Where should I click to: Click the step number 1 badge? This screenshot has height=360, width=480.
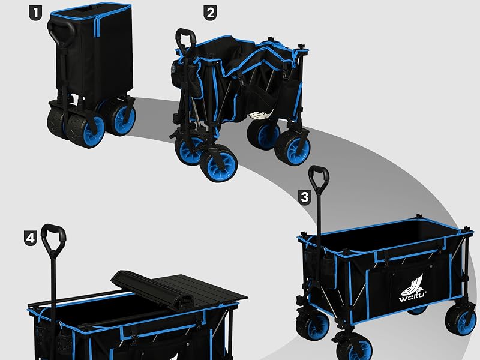35,13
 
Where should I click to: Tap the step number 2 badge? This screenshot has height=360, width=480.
211,13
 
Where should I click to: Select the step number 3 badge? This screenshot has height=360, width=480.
305,197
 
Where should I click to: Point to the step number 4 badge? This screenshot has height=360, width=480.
31,238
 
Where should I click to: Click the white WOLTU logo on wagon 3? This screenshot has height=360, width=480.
412,288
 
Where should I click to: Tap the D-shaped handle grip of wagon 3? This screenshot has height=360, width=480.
319,177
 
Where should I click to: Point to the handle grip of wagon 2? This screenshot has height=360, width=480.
186,38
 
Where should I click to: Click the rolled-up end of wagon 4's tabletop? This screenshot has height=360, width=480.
152,289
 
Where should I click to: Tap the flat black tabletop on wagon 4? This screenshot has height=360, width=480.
200,289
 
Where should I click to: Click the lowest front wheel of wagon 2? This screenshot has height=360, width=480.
218,163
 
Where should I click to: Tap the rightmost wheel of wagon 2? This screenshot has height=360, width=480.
293,148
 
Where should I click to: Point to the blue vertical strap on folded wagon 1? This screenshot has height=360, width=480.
97,27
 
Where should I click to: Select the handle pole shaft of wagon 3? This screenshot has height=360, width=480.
319,233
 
